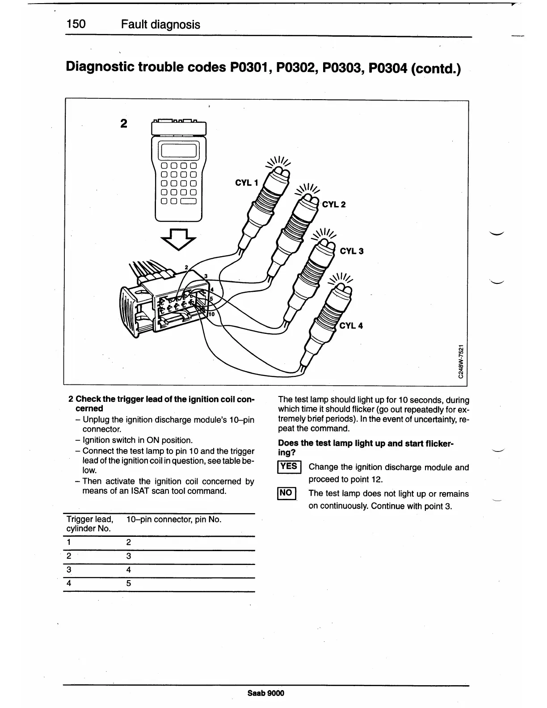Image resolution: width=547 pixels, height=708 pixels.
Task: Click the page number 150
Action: (x=76, y=24)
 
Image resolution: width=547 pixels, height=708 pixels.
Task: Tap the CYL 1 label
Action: (x=247, y=183)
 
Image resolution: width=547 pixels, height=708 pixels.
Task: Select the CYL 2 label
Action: (x=334, y=205)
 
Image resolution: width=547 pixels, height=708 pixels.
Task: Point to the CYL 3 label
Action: (x=352, y=251)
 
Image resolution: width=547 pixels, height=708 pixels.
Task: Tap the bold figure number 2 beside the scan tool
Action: (x=124, y=123)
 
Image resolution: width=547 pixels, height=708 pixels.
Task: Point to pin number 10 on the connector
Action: (x=211, y=314)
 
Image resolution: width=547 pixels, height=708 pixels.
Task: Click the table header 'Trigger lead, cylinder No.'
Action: (x=89, y=524)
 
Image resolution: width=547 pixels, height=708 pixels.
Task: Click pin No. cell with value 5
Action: (x=129, y=584)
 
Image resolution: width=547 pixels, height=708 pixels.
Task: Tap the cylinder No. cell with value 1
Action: (x=69, y=543)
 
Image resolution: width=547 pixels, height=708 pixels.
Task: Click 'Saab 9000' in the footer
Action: (x=265, y=693)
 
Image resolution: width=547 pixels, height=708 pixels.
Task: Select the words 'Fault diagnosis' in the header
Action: (x=160, y=25)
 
